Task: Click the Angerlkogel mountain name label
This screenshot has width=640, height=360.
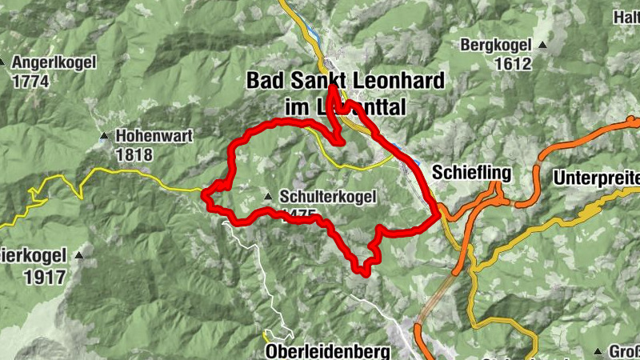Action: [54, 62]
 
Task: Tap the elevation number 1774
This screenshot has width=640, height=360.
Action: [30, 81]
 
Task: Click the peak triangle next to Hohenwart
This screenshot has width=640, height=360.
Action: [103, 136]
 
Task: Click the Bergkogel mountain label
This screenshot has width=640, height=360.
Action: [496, 46]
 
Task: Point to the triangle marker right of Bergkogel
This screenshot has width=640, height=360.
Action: [543, 46]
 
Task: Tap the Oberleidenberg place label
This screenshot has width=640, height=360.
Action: [328, 352]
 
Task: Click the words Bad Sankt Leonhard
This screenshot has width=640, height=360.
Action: [346, 81]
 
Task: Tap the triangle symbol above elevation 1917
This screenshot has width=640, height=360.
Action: [79, 256]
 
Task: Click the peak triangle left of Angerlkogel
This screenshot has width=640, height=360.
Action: [2, 62]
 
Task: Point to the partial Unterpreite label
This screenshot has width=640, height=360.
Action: [596, 176]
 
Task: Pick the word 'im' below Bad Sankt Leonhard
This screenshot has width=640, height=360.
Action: [297, 106]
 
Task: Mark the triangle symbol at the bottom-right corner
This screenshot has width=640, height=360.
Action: [598, 352]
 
